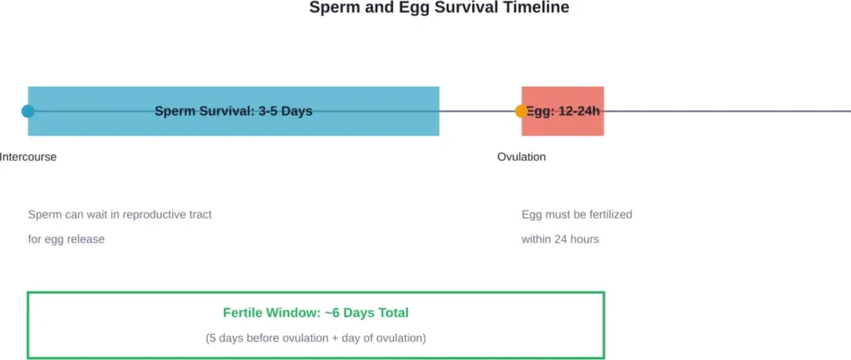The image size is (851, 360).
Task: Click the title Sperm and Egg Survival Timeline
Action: tap(439, 7)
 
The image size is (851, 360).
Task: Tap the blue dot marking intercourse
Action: tap(28, 111)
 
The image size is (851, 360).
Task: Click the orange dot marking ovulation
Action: tap(521, 111)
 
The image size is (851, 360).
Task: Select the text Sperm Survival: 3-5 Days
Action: tap(234, 111)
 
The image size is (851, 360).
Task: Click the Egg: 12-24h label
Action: tap(563, 111)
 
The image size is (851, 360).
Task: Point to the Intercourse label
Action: tap(28, 157)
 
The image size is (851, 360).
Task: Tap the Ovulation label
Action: tap(521, 157)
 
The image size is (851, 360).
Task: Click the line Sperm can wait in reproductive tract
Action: tap(120, 215)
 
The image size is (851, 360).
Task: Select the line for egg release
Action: tap(66, 239)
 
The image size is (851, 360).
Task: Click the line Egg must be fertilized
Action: tap(577, 215)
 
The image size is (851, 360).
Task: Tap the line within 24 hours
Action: tap(560, 239)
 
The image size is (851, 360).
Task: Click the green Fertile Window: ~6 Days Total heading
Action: tap(316, 313)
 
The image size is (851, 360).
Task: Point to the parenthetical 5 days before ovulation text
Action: tap(316, 338)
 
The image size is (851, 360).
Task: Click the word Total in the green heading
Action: tap(391, 313)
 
